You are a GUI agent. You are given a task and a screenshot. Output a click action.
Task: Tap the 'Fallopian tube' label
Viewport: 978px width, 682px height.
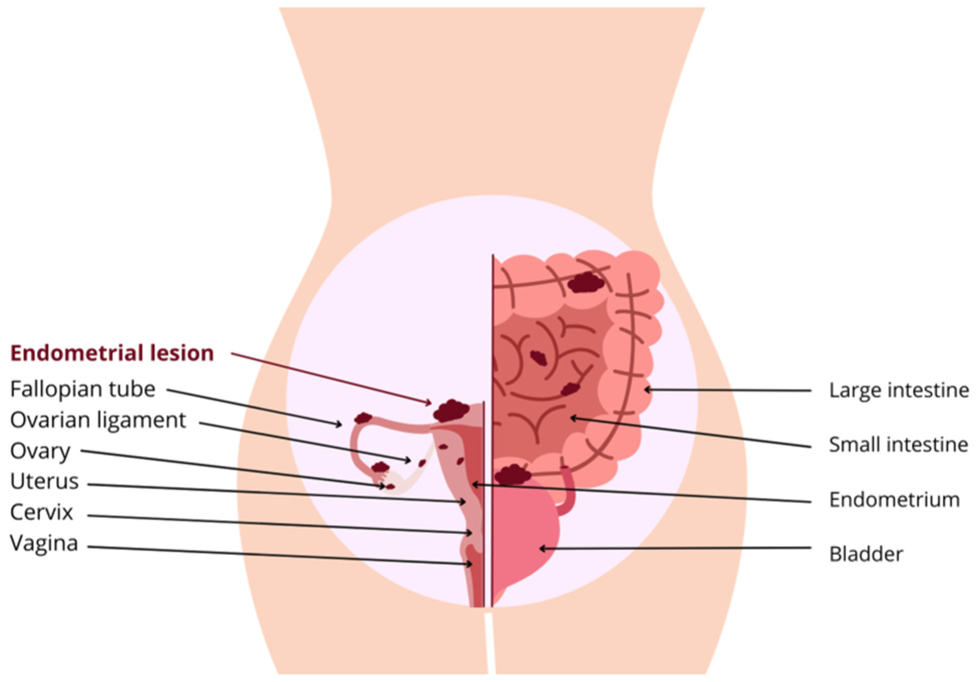click(x=83, y=389)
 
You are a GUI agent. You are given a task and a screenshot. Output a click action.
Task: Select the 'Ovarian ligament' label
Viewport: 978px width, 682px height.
click(x=98, y=420)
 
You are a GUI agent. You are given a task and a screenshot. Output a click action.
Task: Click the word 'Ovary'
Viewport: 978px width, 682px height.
click(x=40, y=451)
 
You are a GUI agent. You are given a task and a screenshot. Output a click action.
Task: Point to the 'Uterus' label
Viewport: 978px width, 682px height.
click(x=45, y=482)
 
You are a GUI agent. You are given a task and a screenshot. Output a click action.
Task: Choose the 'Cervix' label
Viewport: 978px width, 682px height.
click(x=42, y=512)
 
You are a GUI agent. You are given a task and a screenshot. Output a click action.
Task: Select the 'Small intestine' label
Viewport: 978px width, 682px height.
click(x=899, y=445)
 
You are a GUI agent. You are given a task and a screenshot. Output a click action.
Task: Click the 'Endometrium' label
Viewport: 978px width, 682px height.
click(x=894, y=500)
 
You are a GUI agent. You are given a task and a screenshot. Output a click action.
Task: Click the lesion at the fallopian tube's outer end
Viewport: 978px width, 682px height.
click(x=363, y=418)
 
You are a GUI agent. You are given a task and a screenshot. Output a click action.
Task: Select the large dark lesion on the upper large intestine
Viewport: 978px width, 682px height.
click(x=586, y=283)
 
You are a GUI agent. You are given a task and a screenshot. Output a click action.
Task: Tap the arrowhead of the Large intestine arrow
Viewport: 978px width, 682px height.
click(x=647, y=389)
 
